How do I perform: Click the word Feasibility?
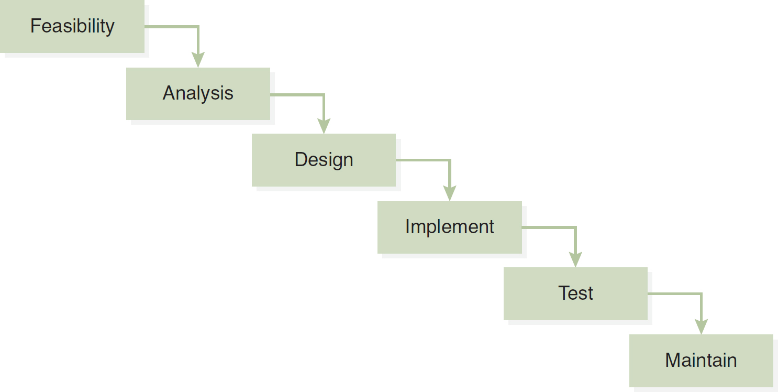click(72, 26)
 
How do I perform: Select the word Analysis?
click(198, 93)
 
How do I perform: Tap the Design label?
click(324, 160)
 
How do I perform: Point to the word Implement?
click(449, 227)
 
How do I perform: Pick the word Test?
click(575, 293)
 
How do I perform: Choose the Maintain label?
click(701, 360)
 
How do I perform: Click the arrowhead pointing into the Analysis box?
click(198, 59)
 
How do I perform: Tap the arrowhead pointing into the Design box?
click(324, 126)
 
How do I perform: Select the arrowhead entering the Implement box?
click(450, 193)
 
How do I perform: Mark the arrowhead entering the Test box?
click(575, 259)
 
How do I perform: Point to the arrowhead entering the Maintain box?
click(701, 326)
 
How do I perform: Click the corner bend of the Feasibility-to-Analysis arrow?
click(198, 26)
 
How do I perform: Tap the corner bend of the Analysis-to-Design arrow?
click(324, 94)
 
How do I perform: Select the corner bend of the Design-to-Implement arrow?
click(450, 160)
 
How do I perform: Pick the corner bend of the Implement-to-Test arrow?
click(575, 227)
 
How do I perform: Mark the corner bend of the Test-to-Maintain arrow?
click(701, 293)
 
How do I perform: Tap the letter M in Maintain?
click(672, 360)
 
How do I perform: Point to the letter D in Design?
click(301, 159)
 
